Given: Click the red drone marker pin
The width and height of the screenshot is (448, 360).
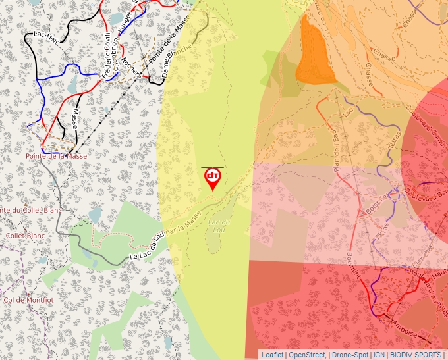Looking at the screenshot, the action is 212,178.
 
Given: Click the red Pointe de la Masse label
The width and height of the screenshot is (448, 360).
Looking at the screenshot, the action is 56,156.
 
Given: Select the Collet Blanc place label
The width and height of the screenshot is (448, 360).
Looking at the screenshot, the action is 24,235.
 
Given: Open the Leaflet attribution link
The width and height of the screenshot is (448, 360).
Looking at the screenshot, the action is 272,355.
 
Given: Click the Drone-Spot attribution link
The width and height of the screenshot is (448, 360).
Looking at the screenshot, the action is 350,355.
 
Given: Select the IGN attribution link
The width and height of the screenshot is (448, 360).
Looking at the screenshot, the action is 379,355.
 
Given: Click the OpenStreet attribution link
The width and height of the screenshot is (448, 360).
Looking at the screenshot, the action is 307,355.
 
